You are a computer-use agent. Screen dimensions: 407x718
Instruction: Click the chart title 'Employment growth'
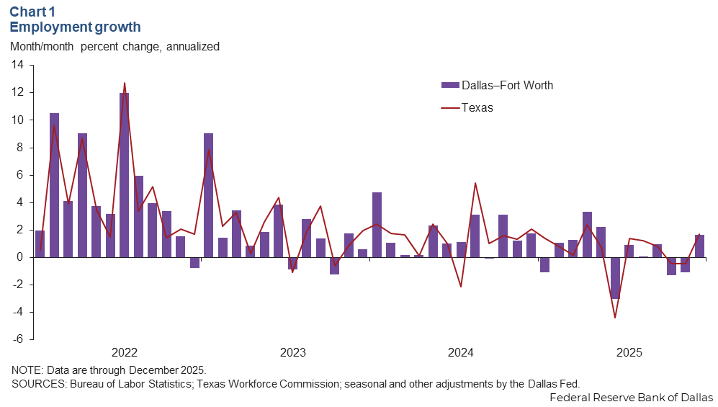point(75,27)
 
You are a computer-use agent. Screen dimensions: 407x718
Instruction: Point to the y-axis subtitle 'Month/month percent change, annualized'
point(115,46)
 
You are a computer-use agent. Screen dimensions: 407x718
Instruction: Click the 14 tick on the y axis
point(17,65)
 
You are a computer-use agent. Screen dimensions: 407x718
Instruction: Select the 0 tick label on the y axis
point(20,257)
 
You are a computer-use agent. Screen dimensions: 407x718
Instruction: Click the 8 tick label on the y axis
point(20,148)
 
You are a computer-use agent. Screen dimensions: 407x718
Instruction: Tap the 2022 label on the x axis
point(125,353)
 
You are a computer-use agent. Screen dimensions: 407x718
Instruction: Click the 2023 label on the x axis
point(292,353)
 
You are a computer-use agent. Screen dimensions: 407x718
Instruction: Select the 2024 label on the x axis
point(460,353)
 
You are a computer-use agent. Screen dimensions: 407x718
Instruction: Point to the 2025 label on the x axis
point(629,353)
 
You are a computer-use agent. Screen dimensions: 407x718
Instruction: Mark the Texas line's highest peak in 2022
point(125,84)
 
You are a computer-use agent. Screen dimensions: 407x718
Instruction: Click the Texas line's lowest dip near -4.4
point(615,318)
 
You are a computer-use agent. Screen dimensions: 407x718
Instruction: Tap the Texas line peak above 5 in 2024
point(475,183)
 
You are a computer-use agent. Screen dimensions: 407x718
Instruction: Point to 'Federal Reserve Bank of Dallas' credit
point(631,398)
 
